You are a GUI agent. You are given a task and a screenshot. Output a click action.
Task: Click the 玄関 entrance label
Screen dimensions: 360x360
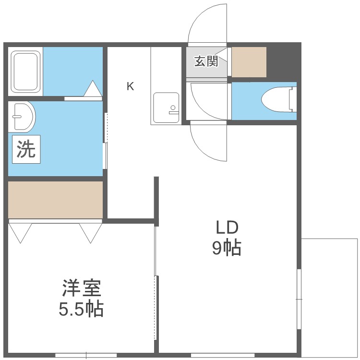coord(206,61)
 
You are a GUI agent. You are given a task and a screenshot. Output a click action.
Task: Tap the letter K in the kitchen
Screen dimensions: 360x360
coord(130,86)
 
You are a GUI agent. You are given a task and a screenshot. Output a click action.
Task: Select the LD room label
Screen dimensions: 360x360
coord(226,227)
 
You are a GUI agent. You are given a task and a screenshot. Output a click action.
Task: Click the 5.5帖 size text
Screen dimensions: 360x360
coord(81,310)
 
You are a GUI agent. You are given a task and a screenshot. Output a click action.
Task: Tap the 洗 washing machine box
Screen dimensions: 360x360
coord(26,150)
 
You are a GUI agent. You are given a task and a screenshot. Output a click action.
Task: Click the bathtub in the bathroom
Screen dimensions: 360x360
coord(26,71)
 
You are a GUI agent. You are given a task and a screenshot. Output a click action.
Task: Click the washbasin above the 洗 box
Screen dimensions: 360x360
coord(22,116)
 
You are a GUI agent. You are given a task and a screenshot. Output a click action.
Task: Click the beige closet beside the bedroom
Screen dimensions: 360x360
coord(55,199)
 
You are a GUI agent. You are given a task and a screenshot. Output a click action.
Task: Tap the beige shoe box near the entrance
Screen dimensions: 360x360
coord(249,62)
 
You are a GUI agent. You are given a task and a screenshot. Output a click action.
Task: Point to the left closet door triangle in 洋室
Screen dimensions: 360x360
coord(20,232)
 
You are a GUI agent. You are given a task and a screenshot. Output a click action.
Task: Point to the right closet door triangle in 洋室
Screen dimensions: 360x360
coord(90,232)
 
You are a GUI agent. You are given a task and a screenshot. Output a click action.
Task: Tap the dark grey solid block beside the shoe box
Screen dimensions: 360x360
coord(283,61)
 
